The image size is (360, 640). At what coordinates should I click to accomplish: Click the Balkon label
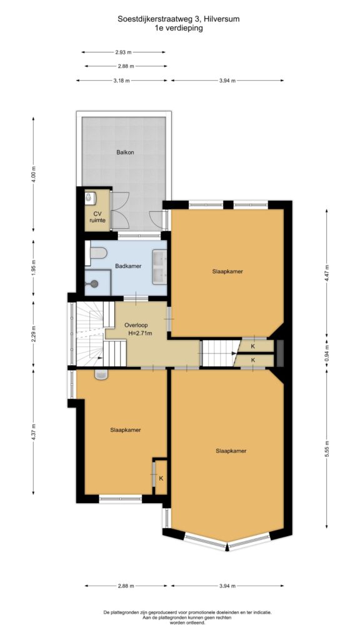125,152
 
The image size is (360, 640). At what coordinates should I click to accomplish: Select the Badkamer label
128,266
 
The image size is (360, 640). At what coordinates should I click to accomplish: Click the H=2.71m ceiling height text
140,334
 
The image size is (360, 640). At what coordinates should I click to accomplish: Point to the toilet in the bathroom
98,254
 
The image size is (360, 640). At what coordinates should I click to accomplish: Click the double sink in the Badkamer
160,267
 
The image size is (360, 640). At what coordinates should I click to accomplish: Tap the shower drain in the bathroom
95,283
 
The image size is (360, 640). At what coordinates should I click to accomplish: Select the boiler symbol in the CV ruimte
88,198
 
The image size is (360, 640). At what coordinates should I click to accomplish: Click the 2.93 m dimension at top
123,52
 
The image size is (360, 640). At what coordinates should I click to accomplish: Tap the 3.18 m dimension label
122,81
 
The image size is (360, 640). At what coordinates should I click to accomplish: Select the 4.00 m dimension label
34,175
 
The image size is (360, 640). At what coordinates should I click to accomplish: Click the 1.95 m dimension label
34,267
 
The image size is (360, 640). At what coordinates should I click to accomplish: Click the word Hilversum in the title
222,19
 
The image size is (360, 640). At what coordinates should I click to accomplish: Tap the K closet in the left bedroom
161,478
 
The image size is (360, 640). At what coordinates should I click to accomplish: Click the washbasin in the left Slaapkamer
101,374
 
